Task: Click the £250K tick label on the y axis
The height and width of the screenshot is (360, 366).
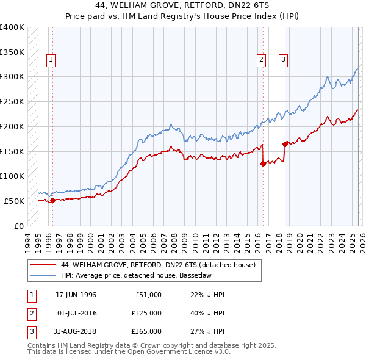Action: coord(12,101)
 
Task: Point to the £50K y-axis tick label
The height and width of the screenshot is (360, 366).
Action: coord(14,201)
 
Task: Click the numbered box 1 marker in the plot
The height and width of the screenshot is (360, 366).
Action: coord(50,60)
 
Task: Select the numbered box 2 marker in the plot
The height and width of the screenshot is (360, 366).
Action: coord(261,60)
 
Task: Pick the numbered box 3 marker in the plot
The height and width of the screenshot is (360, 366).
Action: coord(284,60)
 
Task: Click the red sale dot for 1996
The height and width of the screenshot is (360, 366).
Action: coord(52,200)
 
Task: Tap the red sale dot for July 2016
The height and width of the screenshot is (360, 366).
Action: coord(263,164)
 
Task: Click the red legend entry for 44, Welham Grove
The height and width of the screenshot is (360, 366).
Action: coord(161,265)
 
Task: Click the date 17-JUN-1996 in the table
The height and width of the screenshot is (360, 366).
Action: coord(76,295)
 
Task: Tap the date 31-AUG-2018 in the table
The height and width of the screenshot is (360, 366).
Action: coord(76,331)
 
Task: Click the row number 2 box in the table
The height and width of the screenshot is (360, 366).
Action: coord(30,313)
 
